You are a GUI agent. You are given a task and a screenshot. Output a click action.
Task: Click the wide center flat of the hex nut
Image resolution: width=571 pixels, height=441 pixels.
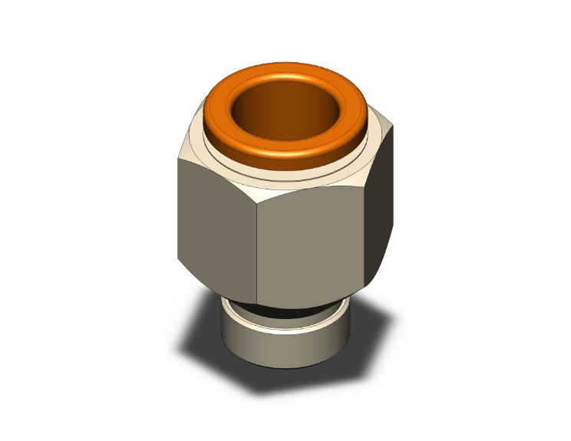pos(311,245)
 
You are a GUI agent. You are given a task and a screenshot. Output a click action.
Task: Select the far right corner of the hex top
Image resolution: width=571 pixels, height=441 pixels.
pos(394,130)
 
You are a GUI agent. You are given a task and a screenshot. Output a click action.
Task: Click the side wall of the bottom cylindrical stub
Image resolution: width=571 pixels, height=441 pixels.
pos(284,349)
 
